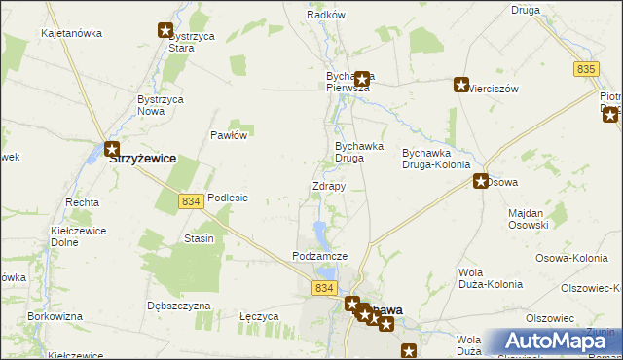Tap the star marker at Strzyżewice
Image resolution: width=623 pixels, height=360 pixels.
point(112,150)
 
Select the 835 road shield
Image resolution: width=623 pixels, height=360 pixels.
point(586,69)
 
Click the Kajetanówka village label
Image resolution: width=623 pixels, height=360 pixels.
point(71,33)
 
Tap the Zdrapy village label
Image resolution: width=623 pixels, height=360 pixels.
point(328,186)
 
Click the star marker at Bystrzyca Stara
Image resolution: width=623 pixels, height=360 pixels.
point(165,30)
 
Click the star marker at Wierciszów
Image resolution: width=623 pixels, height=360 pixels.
point(460,86)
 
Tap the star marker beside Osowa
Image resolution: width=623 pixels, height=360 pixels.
point(481,181)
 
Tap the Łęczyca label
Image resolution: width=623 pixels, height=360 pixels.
point(260,316)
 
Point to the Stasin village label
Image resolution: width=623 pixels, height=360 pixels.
point(199,238)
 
